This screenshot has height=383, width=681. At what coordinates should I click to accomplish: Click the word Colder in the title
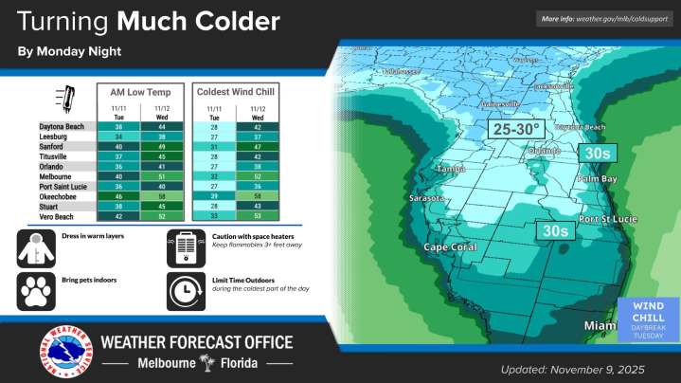(x=236, y=20)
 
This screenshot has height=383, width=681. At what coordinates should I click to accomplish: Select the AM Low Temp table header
(x=139, y=91)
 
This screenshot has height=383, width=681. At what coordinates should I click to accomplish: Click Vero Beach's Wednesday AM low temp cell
(x=161, y=217)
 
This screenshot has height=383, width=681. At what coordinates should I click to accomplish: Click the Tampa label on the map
(x=449, y=169)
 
